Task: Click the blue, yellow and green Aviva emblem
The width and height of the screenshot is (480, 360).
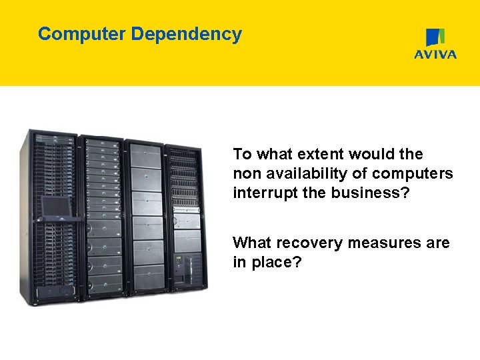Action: point(435,37)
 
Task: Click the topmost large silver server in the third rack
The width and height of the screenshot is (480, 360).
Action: point(146,157)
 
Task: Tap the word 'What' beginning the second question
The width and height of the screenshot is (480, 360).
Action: point(253,243)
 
